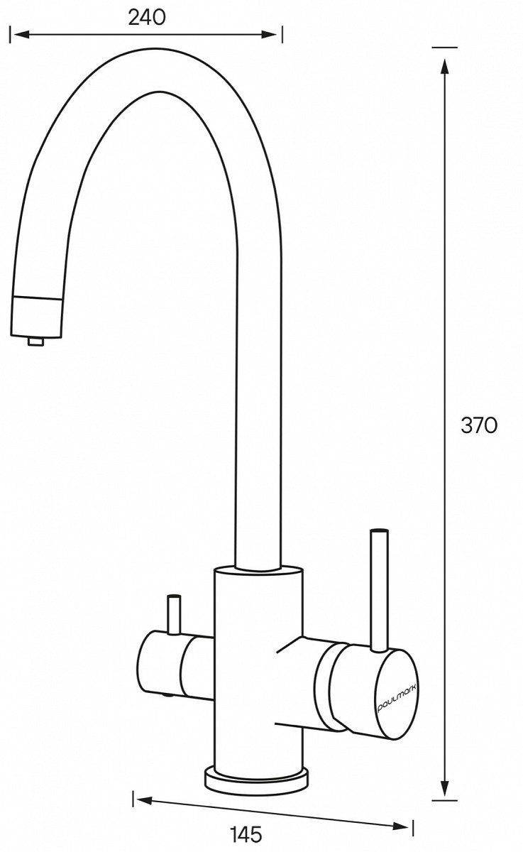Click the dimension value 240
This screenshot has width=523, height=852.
(147, 18)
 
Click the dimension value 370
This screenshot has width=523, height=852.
(479, 425)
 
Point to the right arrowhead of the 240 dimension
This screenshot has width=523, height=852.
(269, 35)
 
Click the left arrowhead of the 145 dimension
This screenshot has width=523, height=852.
(145, 799)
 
